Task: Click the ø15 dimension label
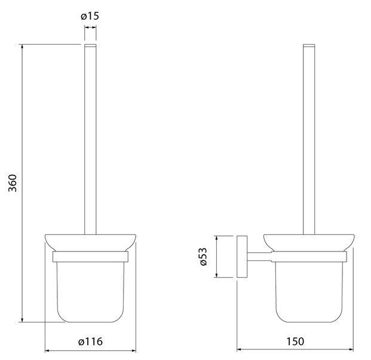click(x=90, y=16)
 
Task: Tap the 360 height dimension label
click(x=13, y=183)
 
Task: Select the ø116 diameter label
click(x=90, y=341)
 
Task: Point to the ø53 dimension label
click(x=203, y=257)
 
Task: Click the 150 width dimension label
click(x=295, y=341)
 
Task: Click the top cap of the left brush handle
click(x=90, y=45)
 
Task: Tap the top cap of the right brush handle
click(x=309, y=45)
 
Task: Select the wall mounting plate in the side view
click(x=242, y=257)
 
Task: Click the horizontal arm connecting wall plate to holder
click(x=259, y=257)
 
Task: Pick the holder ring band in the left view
click(x=90, y=257)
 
